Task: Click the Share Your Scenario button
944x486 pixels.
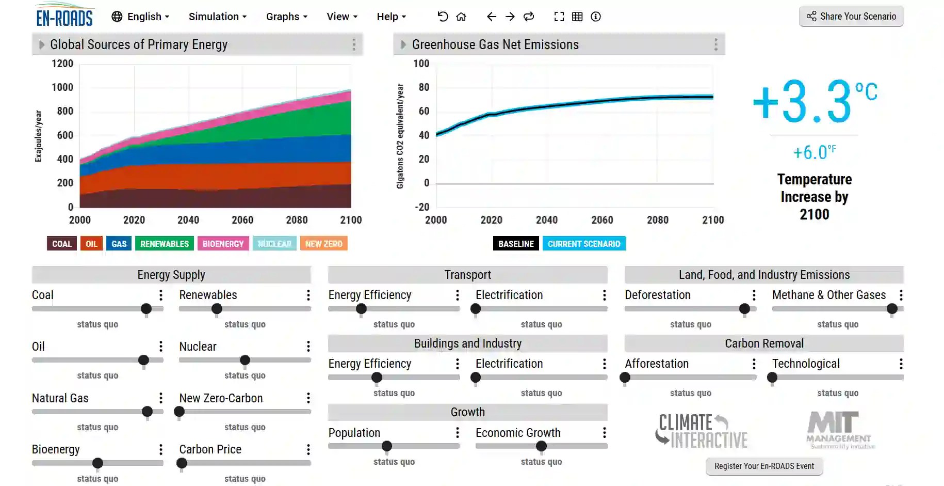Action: (851, 17)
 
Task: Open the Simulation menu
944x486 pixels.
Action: (217, 17)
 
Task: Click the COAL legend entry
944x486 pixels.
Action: (62, 244)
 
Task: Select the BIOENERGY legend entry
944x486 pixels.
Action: (223, 244)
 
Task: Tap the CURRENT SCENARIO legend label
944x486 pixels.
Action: (583, 244)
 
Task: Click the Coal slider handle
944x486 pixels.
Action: (146, 309)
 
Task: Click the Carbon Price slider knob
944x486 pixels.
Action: (182, 463)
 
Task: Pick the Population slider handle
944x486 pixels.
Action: (387, 446)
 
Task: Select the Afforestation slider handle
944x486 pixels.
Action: (625, 378)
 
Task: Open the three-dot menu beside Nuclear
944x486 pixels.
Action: (308, 347)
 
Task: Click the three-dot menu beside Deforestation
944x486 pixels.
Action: (754, 295)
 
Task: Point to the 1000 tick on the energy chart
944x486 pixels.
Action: (62, 87)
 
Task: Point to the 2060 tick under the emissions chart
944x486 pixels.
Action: (602, 220)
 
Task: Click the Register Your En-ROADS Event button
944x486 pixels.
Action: (764, 466)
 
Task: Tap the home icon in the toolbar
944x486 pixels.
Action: (461, 17)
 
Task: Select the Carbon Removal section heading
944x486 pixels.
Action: (764, 343)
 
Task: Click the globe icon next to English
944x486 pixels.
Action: (117, 17)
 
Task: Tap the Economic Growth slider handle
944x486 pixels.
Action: (541, 446)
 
